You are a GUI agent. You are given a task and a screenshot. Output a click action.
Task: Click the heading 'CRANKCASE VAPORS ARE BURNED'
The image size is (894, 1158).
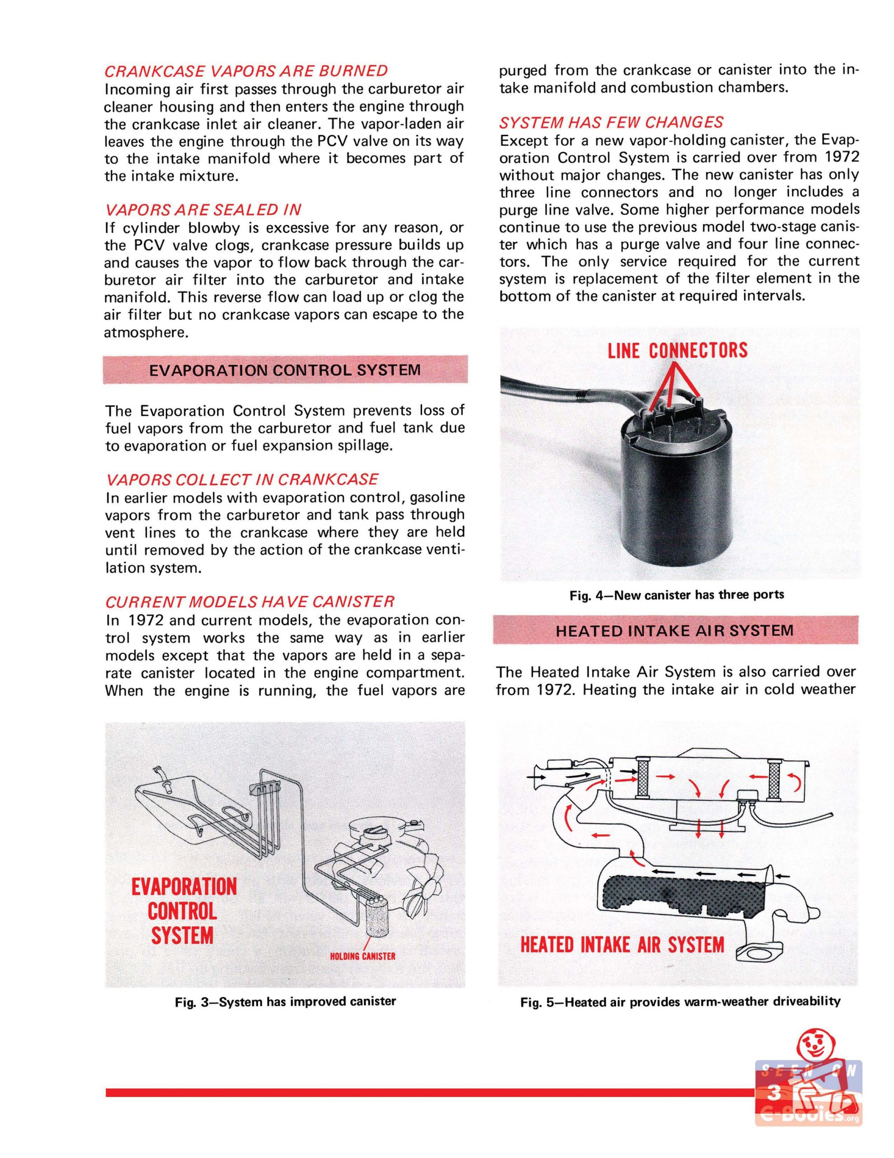246,71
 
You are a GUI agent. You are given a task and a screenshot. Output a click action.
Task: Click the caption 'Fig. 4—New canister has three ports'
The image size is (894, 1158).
677,594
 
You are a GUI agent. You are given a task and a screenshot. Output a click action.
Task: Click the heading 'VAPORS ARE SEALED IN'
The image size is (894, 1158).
203,210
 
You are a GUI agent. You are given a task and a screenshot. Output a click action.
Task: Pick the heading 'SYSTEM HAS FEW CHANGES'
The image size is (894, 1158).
611,123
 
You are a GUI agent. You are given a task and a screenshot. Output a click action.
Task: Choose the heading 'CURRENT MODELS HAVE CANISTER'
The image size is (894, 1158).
249,602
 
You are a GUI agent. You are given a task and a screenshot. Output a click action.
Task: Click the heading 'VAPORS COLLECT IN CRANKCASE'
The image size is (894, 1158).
242,479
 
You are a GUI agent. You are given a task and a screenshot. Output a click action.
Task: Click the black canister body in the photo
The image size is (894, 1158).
673,504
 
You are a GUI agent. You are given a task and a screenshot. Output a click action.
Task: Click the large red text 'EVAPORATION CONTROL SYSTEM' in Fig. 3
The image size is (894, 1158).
184,911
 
